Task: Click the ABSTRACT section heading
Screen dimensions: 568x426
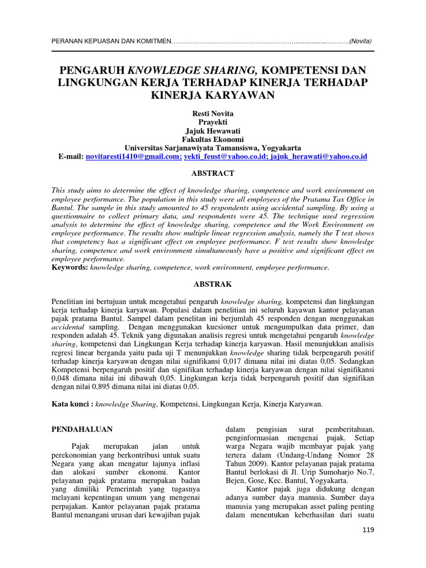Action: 212,173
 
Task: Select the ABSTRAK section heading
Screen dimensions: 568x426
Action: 212,283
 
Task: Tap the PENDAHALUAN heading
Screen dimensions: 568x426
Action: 82,429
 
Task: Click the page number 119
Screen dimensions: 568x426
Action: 367,530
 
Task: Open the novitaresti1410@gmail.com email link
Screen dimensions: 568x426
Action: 134,157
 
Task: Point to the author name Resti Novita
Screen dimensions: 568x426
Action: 212,113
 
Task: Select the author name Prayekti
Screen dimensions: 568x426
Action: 212,121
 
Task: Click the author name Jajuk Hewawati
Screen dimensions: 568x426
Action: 212,130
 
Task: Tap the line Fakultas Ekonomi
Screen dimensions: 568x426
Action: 212,139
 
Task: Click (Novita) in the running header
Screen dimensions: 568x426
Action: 361,42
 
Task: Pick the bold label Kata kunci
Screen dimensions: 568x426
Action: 72,404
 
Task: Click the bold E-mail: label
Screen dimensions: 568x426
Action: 71,157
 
